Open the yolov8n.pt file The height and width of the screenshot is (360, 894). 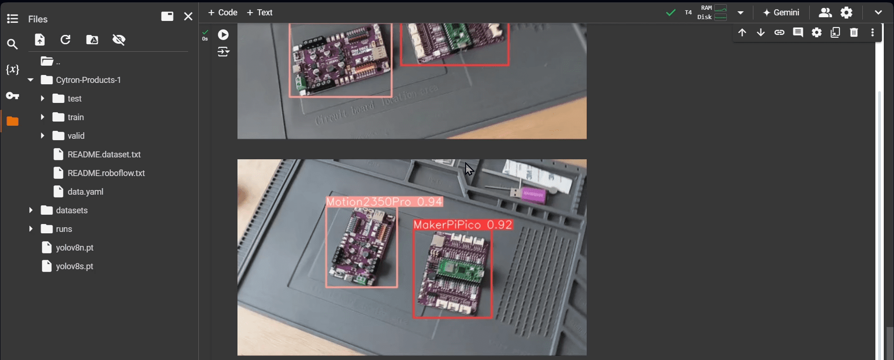pyautogui.click(x=74, y=248)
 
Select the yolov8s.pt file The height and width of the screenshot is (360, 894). pyautogui.click(x=74, y=266)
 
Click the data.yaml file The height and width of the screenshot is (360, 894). pyautogui.click(x=85, y=192)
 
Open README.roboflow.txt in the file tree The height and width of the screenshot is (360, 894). pyautogui.click(x=106, y=173)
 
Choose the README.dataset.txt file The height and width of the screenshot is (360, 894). pyautogui.click(x=104, y=155)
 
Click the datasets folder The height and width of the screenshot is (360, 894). pyautogui.click(x=72, y=211)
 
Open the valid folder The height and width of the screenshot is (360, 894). pyautogui.click(x=75, y=136)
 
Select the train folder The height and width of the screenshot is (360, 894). pyautogui.click(x=75, y=117)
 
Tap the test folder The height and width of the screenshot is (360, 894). pyautogui.click(x=74, y=99)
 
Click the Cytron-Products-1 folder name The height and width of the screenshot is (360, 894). pyautogui.click(x=88, y=80)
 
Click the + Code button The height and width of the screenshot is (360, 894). pyautogui.click(x=223, y=13)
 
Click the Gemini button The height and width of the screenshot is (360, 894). pyautogui.click(x=781, y=13)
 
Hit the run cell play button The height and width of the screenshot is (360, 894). pyautogui.click(x=223, y=34)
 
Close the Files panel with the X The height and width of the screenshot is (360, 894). pyautogui.click(x=188, y=17)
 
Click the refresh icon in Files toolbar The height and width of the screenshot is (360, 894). pyautogui.click(x=66, y=40)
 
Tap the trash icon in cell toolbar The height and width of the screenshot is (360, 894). pyautogui.click(x=853, y=33)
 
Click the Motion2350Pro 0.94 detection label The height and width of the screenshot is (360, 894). pyautogui.click(x=384, y=202)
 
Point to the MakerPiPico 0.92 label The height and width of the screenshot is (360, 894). pyautogui.click(x=463, y=225)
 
